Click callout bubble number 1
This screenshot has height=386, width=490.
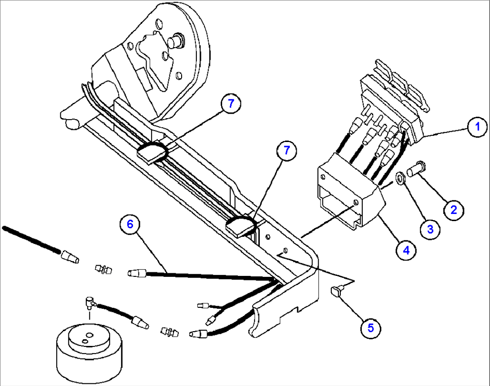click(477, 127)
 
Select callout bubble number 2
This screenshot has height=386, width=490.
click(454, 210)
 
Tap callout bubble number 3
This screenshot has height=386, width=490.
click(430, 229)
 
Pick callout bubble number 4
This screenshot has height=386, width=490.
click(406, 250)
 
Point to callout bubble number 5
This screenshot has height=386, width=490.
click(370, 328)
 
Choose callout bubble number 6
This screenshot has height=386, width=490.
click(130, 224)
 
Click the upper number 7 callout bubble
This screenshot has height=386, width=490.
click(231, 103)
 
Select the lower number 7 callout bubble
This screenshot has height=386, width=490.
click(286, 151)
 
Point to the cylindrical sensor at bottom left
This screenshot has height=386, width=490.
click(89, 352)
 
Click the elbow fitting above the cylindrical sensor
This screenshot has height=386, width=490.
click(90, 302)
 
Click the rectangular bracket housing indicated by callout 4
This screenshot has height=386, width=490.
click(350, 192)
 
